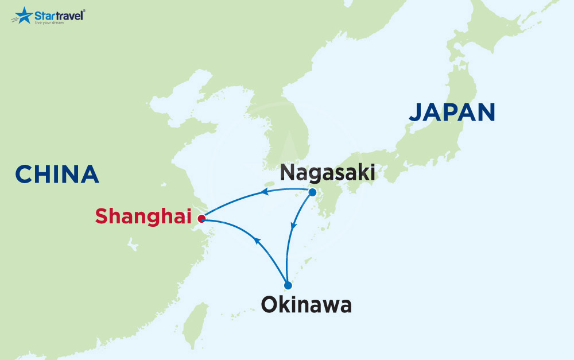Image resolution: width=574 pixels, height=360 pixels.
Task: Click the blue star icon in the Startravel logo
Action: (x=24, y=15)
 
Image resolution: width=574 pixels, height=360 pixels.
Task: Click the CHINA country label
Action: (x=57, y=174)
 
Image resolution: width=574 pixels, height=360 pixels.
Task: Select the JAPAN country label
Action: (x=451, y=112)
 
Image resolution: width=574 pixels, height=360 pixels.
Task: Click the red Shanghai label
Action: (x=143, y=216)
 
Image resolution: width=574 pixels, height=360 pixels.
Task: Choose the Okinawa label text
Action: (x=306, y=305)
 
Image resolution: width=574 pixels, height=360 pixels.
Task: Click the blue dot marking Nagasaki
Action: (x=313, y=192)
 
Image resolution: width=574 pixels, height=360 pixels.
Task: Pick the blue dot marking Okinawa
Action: (x=288, y=285)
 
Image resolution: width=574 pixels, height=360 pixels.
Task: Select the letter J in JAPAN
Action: (x=416, y=113)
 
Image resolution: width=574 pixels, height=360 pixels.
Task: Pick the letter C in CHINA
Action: (x=24, y=174)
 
